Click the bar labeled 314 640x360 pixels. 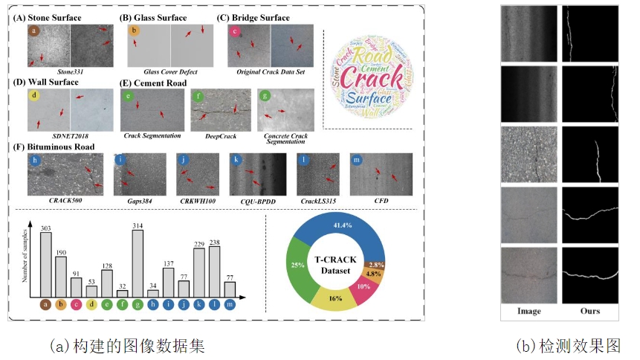click(138, 263)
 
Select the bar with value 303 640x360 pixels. click(46, 265)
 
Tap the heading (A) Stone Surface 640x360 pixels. click(55, 16)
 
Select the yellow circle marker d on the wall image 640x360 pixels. click(35, 96)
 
